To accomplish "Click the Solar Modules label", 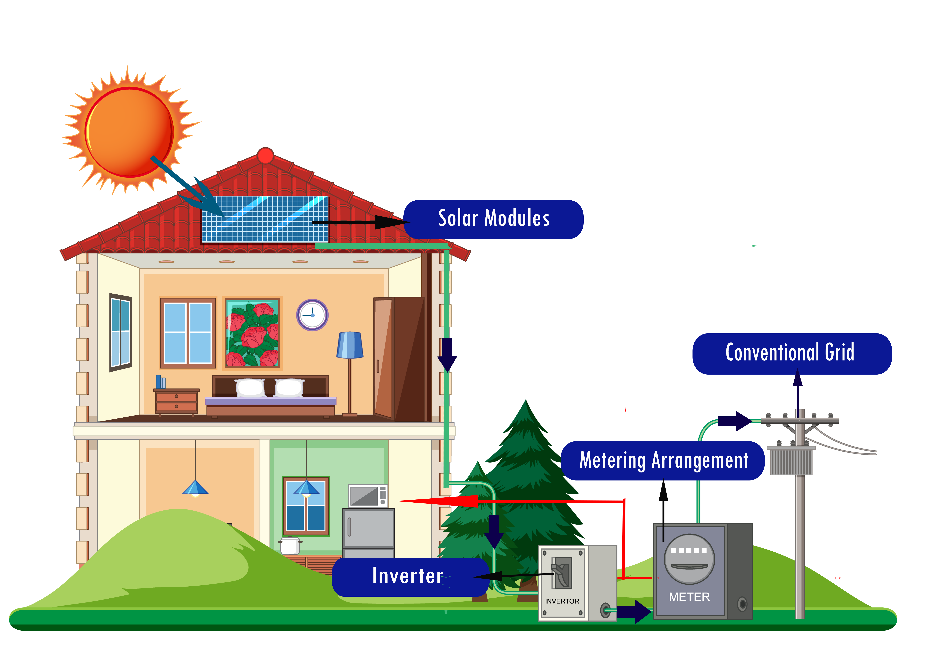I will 493,219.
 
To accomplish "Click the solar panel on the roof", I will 265,219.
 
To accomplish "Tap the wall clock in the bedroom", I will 312,315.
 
